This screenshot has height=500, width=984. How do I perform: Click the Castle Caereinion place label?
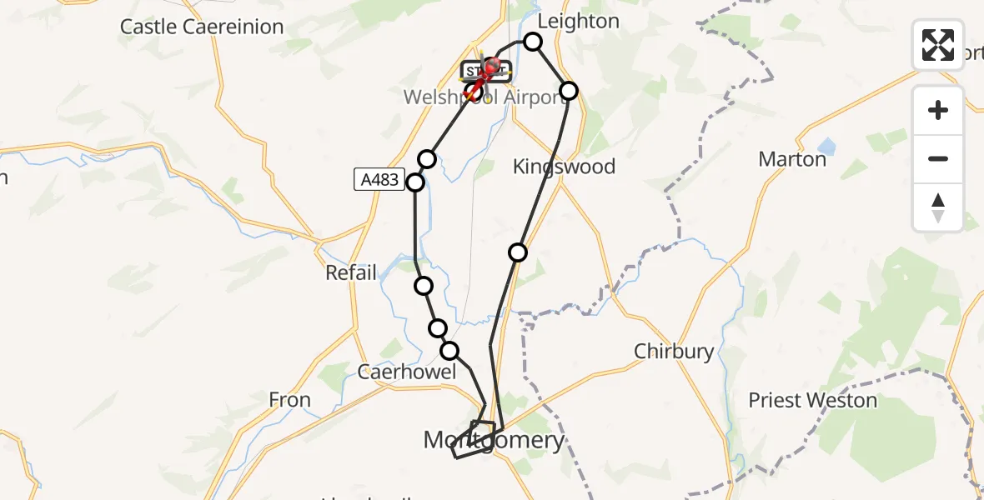202,27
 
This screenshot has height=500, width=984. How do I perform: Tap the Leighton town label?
579,21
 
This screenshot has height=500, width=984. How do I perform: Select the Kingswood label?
564,167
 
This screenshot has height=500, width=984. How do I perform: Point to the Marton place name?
792,159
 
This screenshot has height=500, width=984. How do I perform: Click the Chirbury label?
674,352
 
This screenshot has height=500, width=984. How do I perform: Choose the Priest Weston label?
812,401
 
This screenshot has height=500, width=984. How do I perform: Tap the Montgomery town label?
494,439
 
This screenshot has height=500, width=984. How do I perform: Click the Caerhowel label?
407,372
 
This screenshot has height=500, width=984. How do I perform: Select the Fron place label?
290,400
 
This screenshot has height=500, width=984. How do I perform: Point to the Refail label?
351,272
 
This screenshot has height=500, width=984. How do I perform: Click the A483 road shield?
379,179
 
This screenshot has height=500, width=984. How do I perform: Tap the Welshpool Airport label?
485,97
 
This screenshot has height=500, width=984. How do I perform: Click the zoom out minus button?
938,159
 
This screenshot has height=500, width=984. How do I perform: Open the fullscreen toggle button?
938,44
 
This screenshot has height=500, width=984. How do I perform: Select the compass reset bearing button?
938,207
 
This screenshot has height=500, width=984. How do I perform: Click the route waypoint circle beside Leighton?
533,42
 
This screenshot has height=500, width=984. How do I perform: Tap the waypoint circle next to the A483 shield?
415,182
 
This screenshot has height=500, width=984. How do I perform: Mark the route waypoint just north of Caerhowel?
449,351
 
